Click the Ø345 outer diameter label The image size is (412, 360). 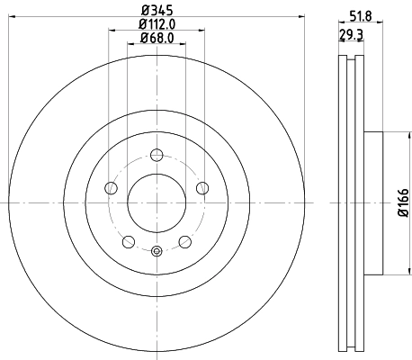156,12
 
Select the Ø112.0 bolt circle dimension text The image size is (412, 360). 156,25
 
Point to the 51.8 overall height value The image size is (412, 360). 360,15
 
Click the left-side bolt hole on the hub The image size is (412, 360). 111,187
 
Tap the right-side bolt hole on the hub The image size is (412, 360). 201,187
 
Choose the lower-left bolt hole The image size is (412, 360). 128,240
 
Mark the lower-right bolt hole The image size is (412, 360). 184,240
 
